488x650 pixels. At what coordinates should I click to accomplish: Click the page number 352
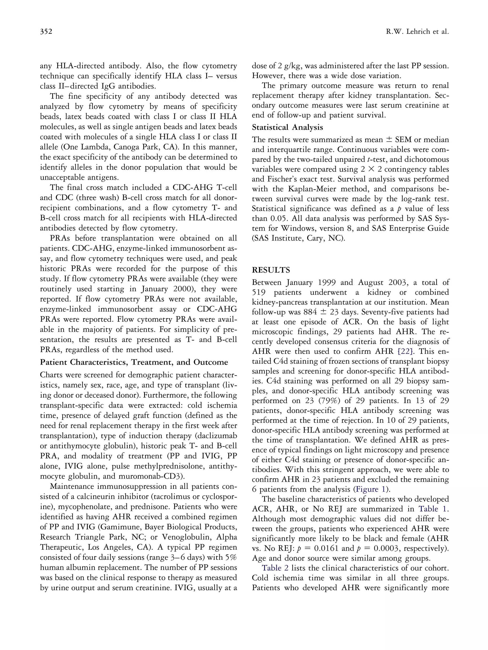pos(46,31)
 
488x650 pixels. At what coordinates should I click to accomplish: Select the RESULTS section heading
pos(271,270)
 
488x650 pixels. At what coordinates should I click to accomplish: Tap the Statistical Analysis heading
pos(287,127)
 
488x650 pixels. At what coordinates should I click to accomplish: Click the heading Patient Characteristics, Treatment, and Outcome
pos(134,362)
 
